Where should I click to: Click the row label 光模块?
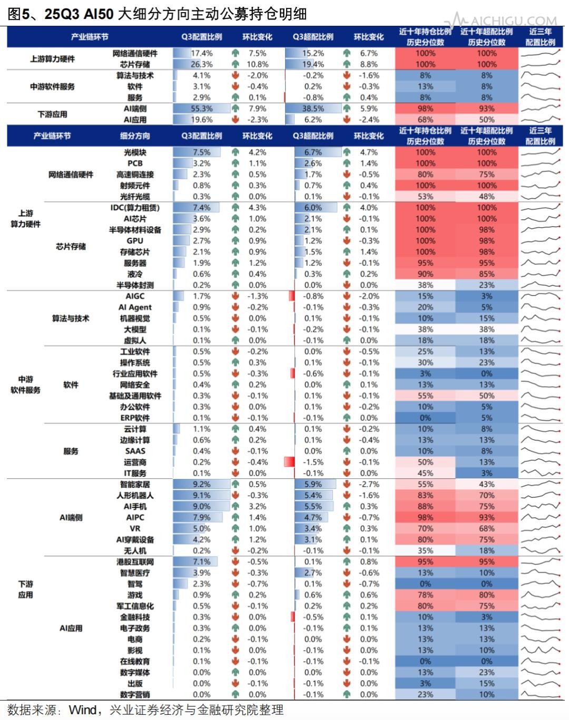tap(135, 152)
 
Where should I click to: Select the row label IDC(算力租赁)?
tap(135, 207)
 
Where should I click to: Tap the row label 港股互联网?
tap(135, 562)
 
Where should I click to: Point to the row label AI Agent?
tap(135, 307)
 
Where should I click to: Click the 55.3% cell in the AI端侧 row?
tap(201, 109)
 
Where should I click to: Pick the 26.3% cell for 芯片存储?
tap(201, 64)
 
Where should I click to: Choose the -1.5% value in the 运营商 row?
tap(313, 462)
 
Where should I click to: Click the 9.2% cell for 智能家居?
tap(201, 484)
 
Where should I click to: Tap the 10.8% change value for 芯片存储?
tap(257, 64)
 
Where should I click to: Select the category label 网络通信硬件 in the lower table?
tap(71, 174)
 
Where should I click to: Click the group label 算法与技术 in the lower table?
tap(71, 318)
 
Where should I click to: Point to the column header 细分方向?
tap(135, 136)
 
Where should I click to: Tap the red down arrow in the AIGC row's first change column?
tap(236, 296)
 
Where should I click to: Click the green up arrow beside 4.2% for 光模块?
tap(236, 152)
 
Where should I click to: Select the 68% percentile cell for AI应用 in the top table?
tap(425, 120)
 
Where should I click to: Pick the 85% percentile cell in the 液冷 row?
tap(486, 274)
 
